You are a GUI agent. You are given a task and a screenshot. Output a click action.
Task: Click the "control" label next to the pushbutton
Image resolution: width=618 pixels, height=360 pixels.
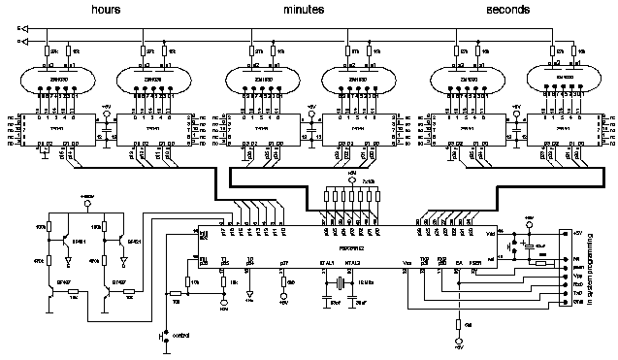pyautogui.click(x=182, y=335)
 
